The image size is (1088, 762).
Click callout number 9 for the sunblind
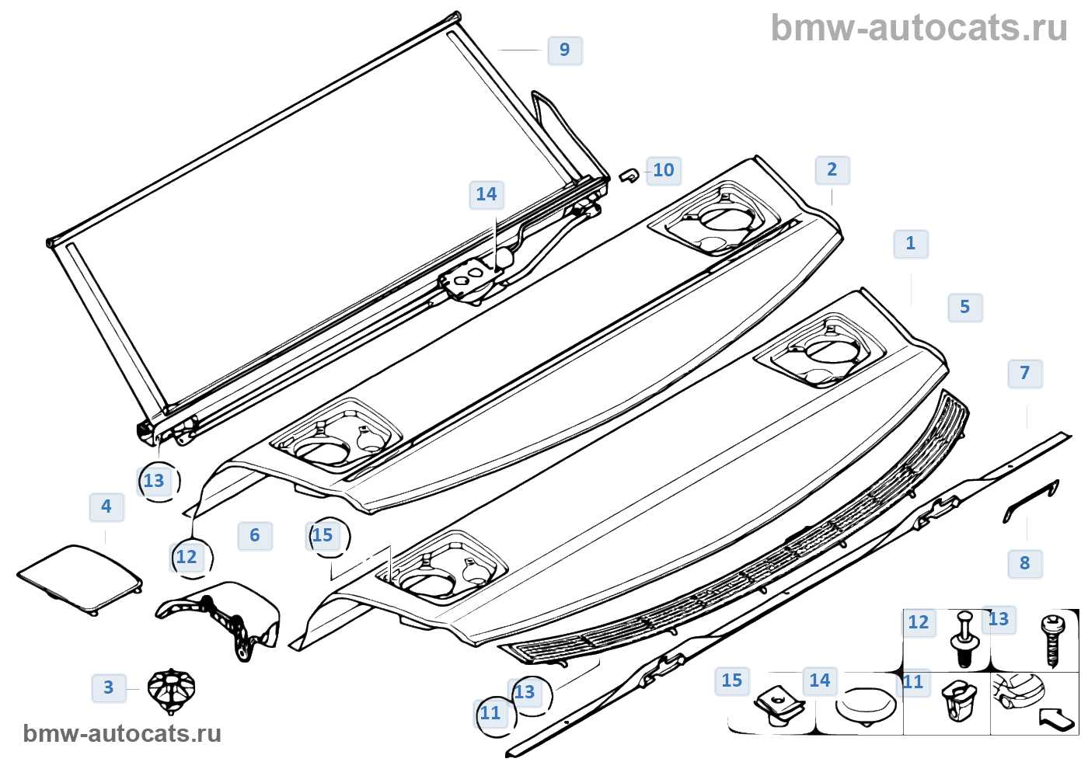(x=565, y=50)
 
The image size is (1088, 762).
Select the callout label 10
(x=663, y=170)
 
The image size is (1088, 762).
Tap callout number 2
(x=832, y=169)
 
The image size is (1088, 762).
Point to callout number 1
(x=911, y=243)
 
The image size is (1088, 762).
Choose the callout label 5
(x=965, y=307)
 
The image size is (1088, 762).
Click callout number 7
(x=1025, y=373)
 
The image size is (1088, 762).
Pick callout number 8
(x=1025, y=563)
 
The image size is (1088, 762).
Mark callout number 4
(x=106, y=506)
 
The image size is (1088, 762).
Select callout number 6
(x=255, y=535)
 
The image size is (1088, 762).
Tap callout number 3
(x=109, y=687)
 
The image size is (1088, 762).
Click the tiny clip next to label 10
(x=629, y=175)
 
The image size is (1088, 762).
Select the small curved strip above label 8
(x=1031, y=501)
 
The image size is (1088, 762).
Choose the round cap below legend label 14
(x=865, y=705)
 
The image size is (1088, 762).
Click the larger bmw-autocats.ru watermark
(x=919, y=28)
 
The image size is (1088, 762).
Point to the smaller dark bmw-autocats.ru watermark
(x=123, y=733)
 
